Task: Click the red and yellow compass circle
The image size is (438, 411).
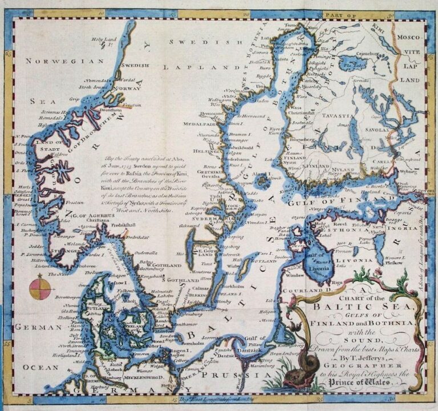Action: click(x=39, y=286)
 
